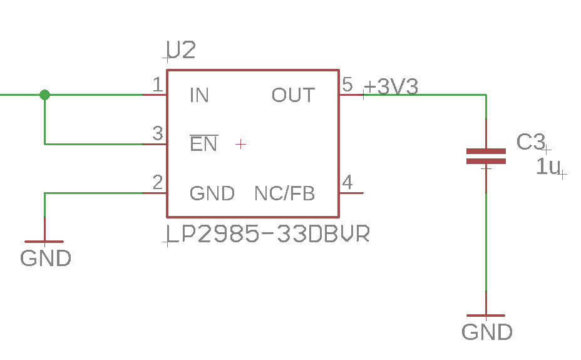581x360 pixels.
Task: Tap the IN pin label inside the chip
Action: tap(199, 95)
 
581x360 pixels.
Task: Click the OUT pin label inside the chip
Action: tap(293, 95)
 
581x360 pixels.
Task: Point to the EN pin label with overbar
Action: tap(203, 144)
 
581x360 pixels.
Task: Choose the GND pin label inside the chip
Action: tap(212, 193)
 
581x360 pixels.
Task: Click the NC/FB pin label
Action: tap(284, 193)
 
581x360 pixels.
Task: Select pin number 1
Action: tap(158, 84)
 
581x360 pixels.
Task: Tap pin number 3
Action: tap(158, 133)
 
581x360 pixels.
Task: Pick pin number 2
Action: tap(158, 183)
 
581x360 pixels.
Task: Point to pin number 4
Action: tap(347, 183)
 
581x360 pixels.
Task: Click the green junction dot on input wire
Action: tap(44, 95)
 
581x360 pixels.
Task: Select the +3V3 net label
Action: tap(391, 87)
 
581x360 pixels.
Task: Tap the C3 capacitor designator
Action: tap(531, 142)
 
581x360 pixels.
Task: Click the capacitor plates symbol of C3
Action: tap(486, 156)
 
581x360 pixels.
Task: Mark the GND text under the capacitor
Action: tap(486, 332)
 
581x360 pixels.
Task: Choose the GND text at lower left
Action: tap(46, 258)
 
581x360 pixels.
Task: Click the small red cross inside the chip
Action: tap(240, 144)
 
